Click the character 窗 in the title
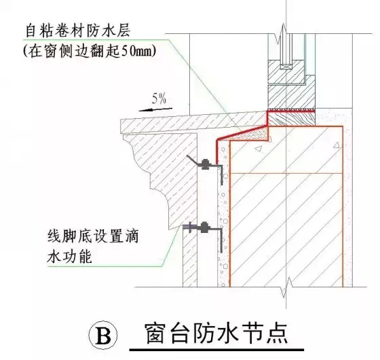pos(156,334)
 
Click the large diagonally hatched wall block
pos(285,217)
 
